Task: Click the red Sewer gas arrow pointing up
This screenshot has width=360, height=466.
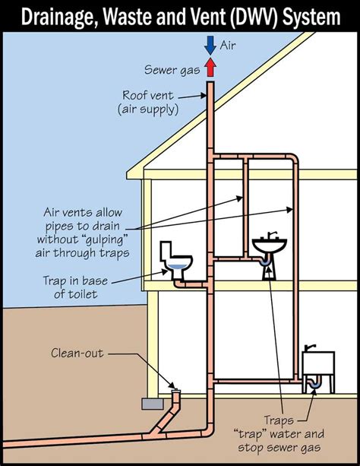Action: [210, 69]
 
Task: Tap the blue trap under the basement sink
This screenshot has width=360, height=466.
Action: [316, 386]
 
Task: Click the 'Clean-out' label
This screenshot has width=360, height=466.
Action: [77, 353]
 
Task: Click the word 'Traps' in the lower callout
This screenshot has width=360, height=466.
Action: [282, 420]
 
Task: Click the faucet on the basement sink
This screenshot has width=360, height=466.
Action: [309, 347]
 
